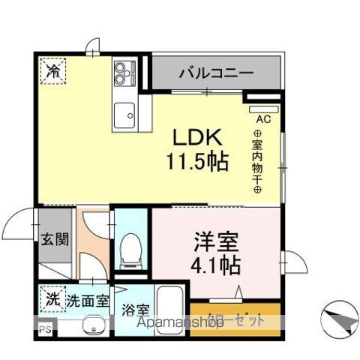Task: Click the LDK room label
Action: point(198,139)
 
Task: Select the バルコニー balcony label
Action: point(216,73)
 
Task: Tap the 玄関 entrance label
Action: point(55,240)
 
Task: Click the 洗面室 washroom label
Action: point(88,301)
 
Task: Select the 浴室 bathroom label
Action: point(136,308)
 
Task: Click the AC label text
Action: point(264,118)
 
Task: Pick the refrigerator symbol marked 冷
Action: point(52,71)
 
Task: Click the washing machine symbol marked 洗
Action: point(52,298)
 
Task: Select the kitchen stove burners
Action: point(122,73)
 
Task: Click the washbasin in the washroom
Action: point(93,326)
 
